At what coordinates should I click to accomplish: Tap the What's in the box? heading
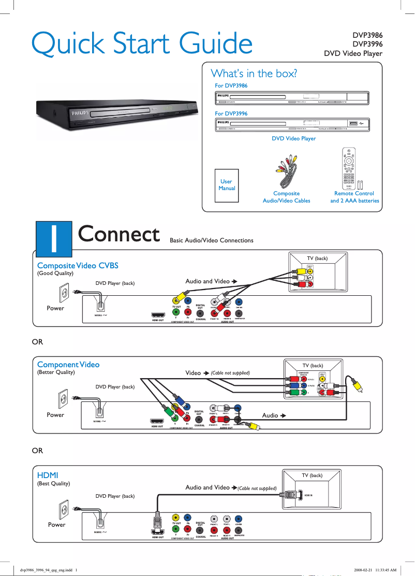254,74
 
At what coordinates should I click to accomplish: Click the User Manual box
227,185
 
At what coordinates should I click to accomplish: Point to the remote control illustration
350,168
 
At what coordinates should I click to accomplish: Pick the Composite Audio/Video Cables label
287,197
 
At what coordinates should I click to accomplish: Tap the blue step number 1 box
53,238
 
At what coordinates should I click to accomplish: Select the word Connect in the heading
118,234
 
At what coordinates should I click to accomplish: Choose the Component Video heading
68,364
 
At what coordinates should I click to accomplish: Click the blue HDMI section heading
48,474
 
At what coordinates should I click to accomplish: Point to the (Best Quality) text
54,483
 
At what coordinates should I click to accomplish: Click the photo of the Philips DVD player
116,113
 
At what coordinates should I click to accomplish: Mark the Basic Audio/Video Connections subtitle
212,240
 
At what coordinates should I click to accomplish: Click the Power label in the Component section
55,415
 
